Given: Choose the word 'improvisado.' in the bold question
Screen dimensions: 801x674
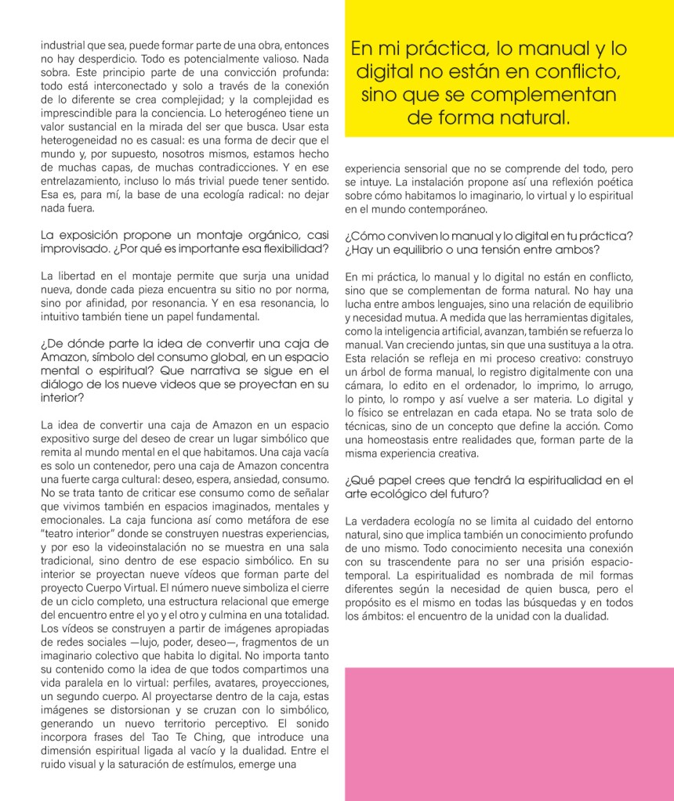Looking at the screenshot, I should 75,248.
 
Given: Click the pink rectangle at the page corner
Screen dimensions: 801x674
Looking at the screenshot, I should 509,733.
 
